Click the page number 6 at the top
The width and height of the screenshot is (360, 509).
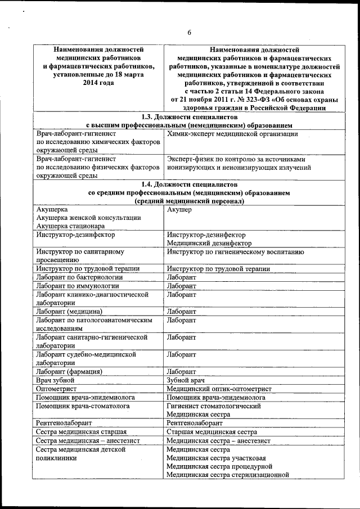tap(190, 33)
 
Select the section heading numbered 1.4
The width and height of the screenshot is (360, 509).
tap(189, 184)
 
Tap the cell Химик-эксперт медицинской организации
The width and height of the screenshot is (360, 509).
tap(232, 134)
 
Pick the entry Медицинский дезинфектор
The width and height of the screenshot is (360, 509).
tap(209, 243)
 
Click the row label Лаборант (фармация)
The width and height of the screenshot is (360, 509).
tap(68, 371)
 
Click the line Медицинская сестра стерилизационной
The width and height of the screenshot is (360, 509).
tap(228, 474)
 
